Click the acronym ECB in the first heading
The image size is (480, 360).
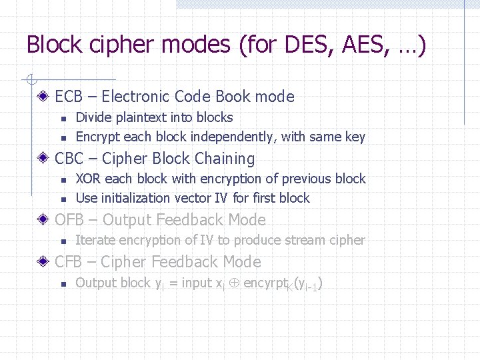tap(68, 97)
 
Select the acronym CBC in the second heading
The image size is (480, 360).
tap(69, 159)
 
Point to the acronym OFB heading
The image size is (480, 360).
tap(68, 220)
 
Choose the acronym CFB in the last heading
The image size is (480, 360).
tap(68, 262)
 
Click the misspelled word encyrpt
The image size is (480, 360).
tap(267, 283)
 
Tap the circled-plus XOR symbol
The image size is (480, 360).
tap(233, 283)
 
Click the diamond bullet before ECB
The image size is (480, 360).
tap(43, 97)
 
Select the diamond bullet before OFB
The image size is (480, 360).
tap(43, 220)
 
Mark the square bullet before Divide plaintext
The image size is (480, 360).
tap(63, 119)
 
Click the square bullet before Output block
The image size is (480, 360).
tap(63, 284)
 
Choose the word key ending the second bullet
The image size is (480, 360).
tap(355, 137)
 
